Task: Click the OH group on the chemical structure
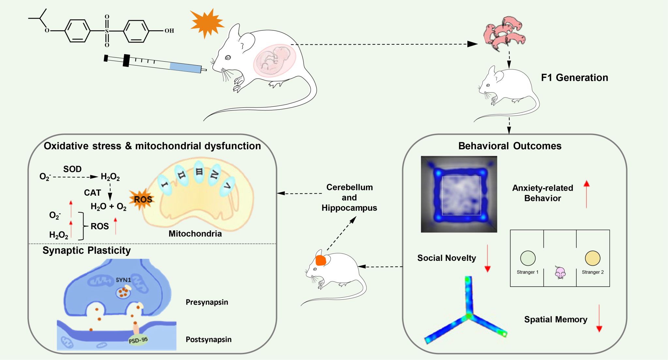[x=169, y=31]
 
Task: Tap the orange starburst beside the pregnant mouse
[x=207, y=23]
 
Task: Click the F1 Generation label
[x=574, y=78]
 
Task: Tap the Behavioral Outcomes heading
[x=509, y=146]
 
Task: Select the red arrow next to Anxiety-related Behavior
[x=586, y=194]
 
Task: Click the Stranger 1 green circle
[x=528, y=258]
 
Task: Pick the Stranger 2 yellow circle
[x=593, y=258]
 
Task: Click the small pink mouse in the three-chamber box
[x=560, y=273]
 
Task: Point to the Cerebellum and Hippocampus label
[x=349, y=198]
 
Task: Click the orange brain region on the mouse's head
[x=321, y=261]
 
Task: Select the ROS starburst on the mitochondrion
[x=142, y=199]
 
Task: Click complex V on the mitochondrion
[x=227, y=187]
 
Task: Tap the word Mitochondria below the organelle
[x=195, y=234]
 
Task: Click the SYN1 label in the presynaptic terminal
[x=123, y=280]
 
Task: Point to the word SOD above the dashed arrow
[x=72, y=169]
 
